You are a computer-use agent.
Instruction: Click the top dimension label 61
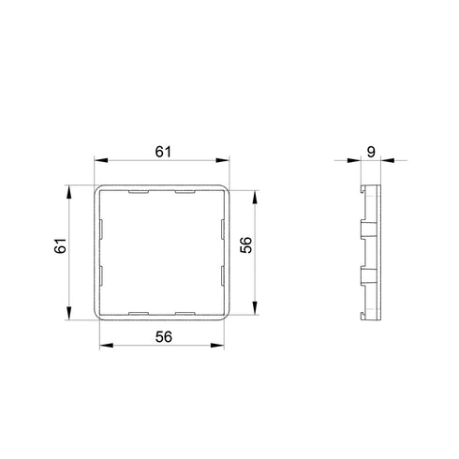tap(163, 152)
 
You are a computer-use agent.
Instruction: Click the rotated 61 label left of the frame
tap(60, 245)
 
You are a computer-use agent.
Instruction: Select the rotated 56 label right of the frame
tap(245, 245)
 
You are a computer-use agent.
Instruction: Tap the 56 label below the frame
tap(164, 337)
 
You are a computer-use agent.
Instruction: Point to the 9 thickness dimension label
tap(371, 152)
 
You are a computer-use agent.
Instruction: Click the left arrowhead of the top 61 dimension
tap(101, 160)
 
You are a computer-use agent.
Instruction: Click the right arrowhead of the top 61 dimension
tap(222, 160)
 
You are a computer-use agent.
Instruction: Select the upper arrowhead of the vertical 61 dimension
tap(69, 192)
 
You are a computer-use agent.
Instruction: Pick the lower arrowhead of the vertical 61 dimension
tap(69, 313)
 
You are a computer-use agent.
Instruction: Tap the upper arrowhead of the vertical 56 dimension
tap(255, 198)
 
